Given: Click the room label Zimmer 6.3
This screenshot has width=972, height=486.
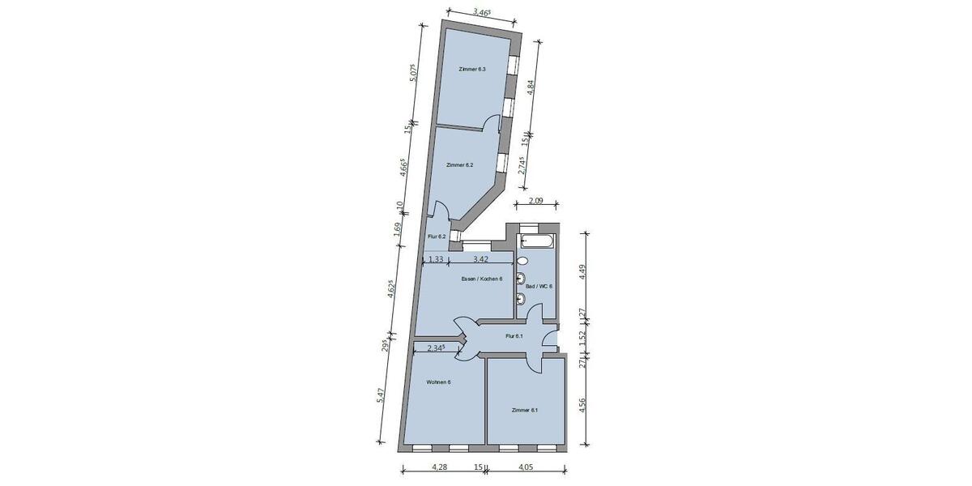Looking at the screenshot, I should [471, 70].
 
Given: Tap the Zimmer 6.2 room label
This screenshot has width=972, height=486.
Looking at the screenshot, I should [458, 164].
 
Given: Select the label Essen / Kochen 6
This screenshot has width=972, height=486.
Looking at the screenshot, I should [482, 279].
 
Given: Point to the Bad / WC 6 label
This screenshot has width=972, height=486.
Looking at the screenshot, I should [539, 286].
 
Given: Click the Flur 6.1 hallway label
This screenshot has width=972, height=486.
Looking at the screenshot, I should [514, 336].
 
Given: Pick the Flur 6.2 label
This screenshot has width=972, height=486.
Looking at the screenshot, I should [437, 237].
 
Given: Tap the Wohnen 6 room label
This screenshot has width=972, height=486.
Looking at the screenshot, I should [438, 382].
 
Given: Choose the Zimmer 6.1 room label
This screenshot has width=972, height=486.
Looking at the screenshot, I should [524, 410].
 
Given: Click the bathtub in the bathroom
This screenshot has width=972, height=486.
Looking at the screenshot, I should [538, 241].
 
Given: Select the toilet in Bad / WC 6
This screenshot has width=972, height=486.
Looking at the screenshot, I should [522, 261].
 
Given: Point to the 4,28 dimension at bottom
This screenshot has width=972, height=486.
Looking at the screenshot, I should [439, 467].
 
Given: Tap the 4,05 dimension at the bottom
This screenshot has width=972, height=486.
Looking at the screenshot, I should [525, 467].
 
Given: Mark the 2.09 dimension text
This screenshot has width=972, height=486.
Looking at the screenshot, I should [536, 201].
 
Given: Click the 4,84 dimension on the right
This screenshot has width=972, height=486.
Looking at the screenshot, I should [531, 87].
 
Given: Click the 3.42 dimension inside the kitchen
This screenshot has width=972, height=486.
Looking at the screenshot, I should [480, 259].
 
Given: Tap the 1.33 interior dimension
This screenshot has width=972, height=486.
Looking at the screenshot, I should [435, 259].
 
